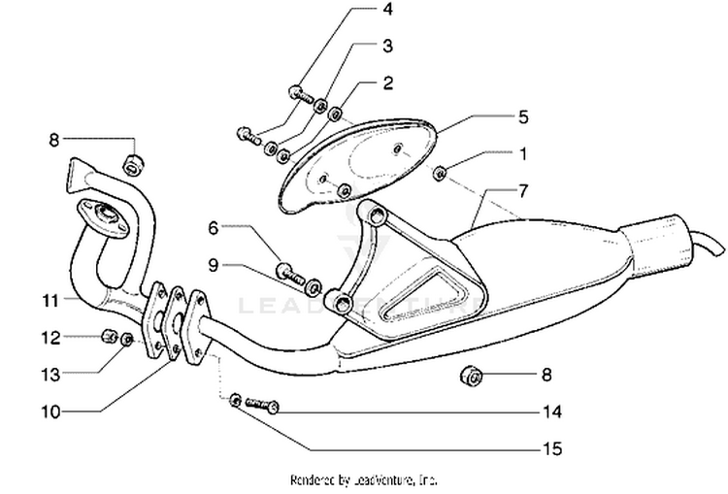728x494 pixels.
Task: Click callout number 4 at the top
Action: pos(388,11)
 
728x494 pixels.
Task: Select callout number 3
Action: pos(388,46)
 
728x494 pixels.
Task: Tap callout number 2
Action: pos(388,82)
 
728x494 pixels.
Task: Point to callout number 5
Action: pos(522,117)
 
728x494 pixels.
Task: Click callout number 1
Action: pos(522,153)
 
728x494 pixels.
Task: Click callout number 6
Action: pos(213,228)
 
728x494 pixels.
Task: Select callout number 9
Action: pos(213,263)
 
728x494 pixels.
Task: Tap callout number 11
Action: pos(50,301)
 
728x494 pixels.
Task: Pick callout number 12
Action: pos(50,337)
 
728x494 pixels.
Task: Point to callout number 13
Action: pos(50,373)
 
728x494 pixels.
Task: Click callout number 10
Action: pos(50,411)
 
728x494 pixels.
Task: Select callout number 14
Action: pos(551,412)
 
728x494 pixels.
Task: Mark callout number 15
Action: pos(551,448)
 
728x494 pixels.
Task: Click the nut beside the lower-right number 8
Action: pos(468,375)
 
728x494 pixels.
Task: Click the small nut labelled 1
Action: pos(440,174)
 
